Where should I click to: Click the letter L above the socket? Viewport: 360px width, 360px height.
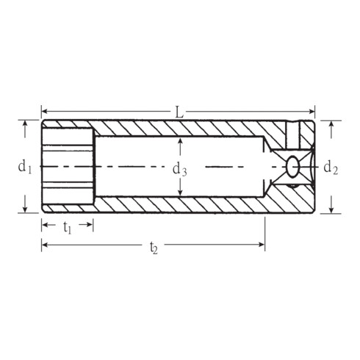pos(179,112)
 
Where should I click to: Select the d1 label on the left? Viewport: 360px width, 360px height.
pos(25,167)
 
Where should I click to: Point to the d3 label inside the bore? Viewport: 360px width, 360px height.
pos(179,170)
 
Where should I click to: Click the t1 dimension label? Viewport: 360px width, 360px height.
pos(67,228)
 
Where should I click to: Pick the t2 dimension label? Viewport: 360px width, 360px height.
pos(154,248)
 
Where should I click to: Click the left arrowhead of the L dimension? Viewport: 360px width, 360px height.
pos(44,112)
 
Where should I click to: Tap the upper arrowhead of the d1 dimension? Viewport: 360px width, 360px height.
pos(26,124)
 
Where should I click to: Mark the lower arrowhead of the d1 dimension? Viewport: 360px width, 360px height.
pos(26,209)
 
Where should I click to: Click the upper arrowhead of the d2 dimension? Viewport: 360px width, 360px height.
pos(331,124)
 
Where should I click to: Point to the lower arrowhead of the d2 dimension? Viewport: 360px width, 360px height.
pos(331,209)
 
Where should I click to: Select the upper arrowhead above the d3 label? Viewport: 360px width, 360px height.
pos(180,140)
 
